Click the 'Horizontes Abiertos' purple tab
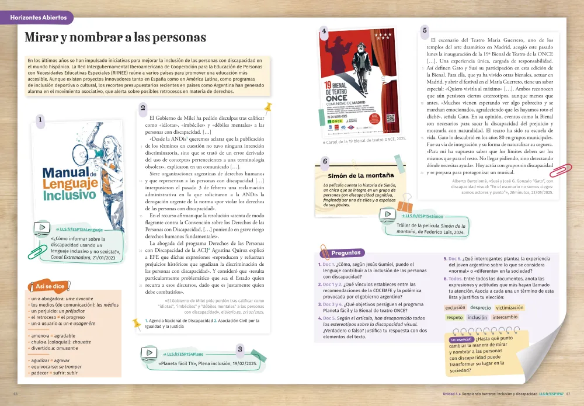(39, 18)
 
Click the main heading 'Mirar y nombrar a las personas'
(115, 37)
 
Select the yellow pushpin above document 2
(268, 107)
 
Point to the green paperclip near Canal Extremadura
(37, 251)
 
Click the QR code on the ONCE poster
(391, 117)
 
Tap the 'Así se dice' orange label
(50, 286)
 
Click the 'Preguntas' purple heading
(346, 253)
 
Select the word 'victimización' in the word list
(510, 307)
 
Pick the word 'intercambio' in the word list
(505, 317)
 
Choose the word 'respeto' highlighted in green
(454, 317)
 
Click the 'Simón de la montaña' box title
(361, 175)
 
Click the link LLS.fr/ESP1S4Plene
(184, 354)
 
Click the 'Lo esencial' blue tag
(461, 339)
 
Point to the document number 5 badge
(425, 30)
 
